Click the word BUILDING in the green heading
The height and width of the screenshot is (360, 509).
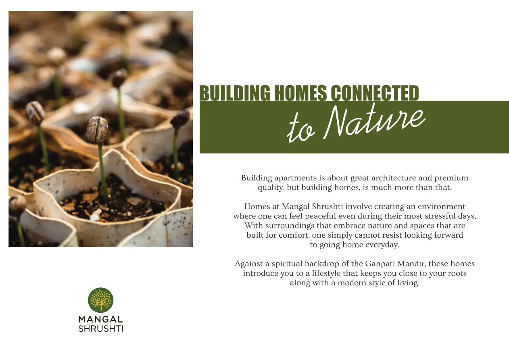tap(235, 93)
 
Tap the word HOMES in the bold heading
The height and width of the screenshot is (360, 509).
tap(300, 93)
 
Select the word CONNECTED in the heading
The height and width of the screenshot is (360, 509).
tap(375, 93)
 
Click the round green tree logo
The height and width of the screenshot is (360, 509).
tap(101, 300)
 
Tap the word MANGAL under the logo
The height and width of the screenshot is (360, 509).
tap(101, 319)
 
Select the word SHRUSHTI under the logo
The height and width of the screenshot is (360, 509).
tap(101, 329)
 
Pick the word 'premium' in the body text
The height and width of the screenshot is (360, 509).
tap(451, 178)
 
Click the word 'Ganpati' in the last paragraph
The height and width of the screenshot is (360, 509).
tap(381, 264)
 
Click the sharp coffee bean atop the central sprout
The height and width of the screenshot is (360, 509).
tap(97, 130)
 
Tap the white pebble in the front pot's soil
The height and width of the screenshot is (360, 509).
tap(94, 218)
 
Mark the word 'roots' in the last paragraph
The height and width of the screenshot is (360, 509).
tap(457, 273)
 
